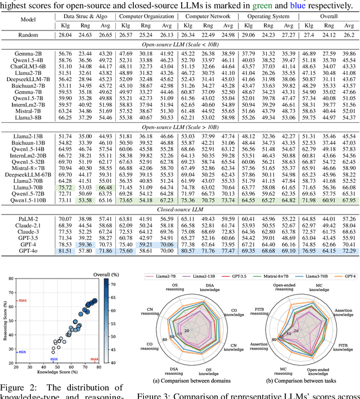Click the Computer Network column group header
(209, 16)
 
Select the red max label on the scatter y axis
(23, 301)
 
